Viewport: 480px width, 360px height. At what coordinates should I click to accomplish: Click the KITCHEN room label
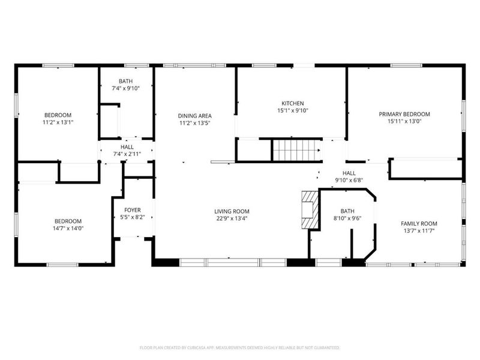293,103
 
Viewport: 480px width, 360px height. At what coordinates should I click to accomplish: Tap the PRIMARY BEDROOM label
404,114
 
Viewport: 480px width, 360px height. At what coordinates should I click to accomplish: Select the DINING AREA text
194,116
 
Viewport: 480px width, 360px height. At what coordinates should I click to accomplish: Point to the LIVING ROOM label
232,211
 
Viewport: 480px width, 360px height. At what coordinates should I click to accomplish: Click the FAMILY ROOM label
419,223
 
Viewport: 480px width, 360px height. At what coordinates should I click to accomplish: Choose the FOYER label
133,210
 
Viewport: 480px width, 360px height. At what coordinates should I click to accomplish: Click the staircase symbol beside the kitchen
296,151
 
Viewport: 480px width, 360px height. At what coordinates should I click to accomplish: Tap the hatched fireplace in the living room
310,210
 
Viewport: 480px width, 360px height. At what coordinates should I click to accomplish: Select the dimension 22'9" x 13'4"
232,218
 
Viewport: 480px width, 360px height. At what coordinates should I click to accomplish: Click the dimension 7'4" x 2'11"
127,154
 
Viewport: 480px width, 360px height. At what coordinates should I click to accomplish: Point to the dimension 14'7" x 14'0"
68,229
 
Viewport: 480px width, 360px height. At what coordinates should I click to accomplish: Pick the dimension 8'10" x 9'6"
347,218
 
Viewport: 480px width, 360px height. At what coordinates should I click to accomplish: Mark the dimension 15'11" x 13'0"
404,121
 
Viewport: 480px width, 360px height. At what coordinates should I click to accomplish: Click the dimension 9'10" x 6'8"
349,181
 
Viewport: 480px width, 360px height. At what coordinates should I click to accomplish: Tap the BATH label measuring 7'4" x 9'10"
126,81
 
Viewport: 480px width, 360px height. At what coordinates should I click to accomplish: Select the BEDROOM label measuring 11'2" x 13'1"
58,115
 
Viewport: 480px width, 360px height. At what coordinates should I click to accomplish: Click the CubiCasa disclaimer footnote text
239,347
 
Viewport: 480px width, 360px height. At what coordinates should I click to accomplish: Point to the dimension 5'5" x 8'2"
133,217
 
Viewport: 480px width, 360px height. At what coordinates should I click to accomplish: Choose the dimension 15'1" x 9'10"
293,110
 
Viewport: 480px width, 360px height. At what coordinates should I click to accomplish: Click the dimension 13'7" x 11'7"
419,231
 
